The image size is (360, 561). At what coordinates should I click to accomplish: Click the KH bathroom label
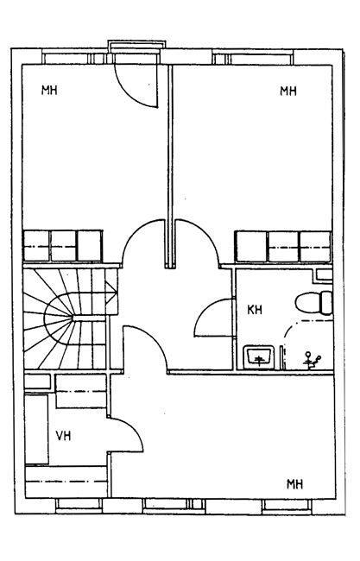(x=255, y=310)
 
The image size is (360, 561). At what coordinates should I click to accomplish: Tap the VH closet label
(x=63, y=436)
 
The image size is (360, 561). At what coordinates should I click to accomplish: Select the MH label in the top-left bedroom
(x=49, y=90)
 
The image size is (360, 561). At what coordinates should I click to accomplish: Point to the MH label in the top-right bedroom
(x=288, y=91)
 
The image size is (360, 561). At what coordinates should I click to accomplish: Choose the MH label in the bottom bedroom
(x=295, y=484)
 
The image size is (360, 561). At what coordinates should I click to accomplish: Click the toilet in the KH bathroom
(x=314, y=303)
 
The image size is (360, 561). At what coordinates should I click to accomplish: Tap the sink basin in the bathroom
(x=259, y=357)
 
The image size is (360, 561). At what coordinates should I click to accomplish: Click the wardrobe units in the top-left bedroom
(x=63, y=246)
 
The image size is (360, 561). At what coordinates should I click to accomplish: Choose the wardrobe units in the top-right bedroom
(x=283, y=247)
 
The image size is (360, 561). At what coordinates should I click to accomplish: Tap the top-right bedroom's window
(x=254, y=58)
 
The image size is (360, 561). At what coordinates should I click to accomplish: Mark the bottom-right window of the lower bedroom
(x=287, y=504)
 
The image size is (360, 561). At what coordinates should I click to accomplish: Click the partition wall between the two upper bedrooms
(x=170, y=167)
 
